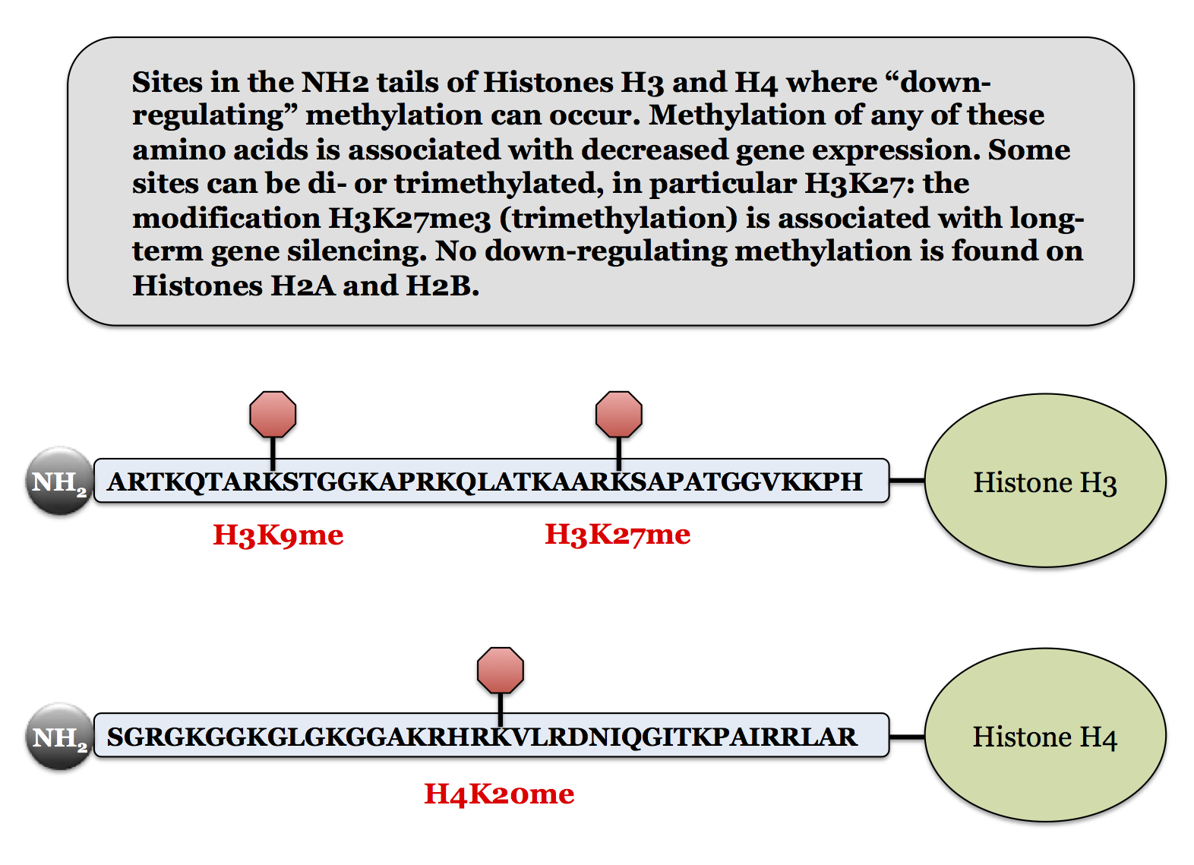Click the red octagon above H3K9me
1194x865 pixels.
pos(273,414)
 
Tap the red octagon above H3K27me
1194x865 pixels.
pos(619,414)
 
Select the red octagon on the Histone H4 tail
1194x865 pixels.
pos(501,670)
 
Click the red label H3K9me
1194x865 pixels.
pos(278,535)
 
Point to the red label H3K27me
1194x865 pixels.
pos(618,534)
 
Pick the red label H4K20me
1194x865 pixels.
pos(499,794)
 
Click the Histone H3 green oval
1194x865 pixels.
pos(1045,480)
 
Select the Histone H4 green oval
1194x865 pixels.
pos(1045,735)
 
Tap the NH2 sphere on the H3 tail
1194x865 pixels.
pos(59,481)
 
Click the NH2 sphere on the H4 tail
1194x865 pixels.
pos(59,736)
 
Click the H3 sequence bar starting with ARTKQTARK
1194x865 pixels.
pos(486,481)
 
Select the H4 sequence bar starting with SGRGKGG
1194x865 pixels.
pos(486,736)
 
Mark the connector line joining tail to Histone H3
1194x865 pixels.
pos(907,480)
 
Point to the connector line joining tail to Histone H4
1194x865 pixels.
pos(907,736)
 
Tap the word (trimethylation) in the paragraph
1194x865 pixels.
pos(618,218)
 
